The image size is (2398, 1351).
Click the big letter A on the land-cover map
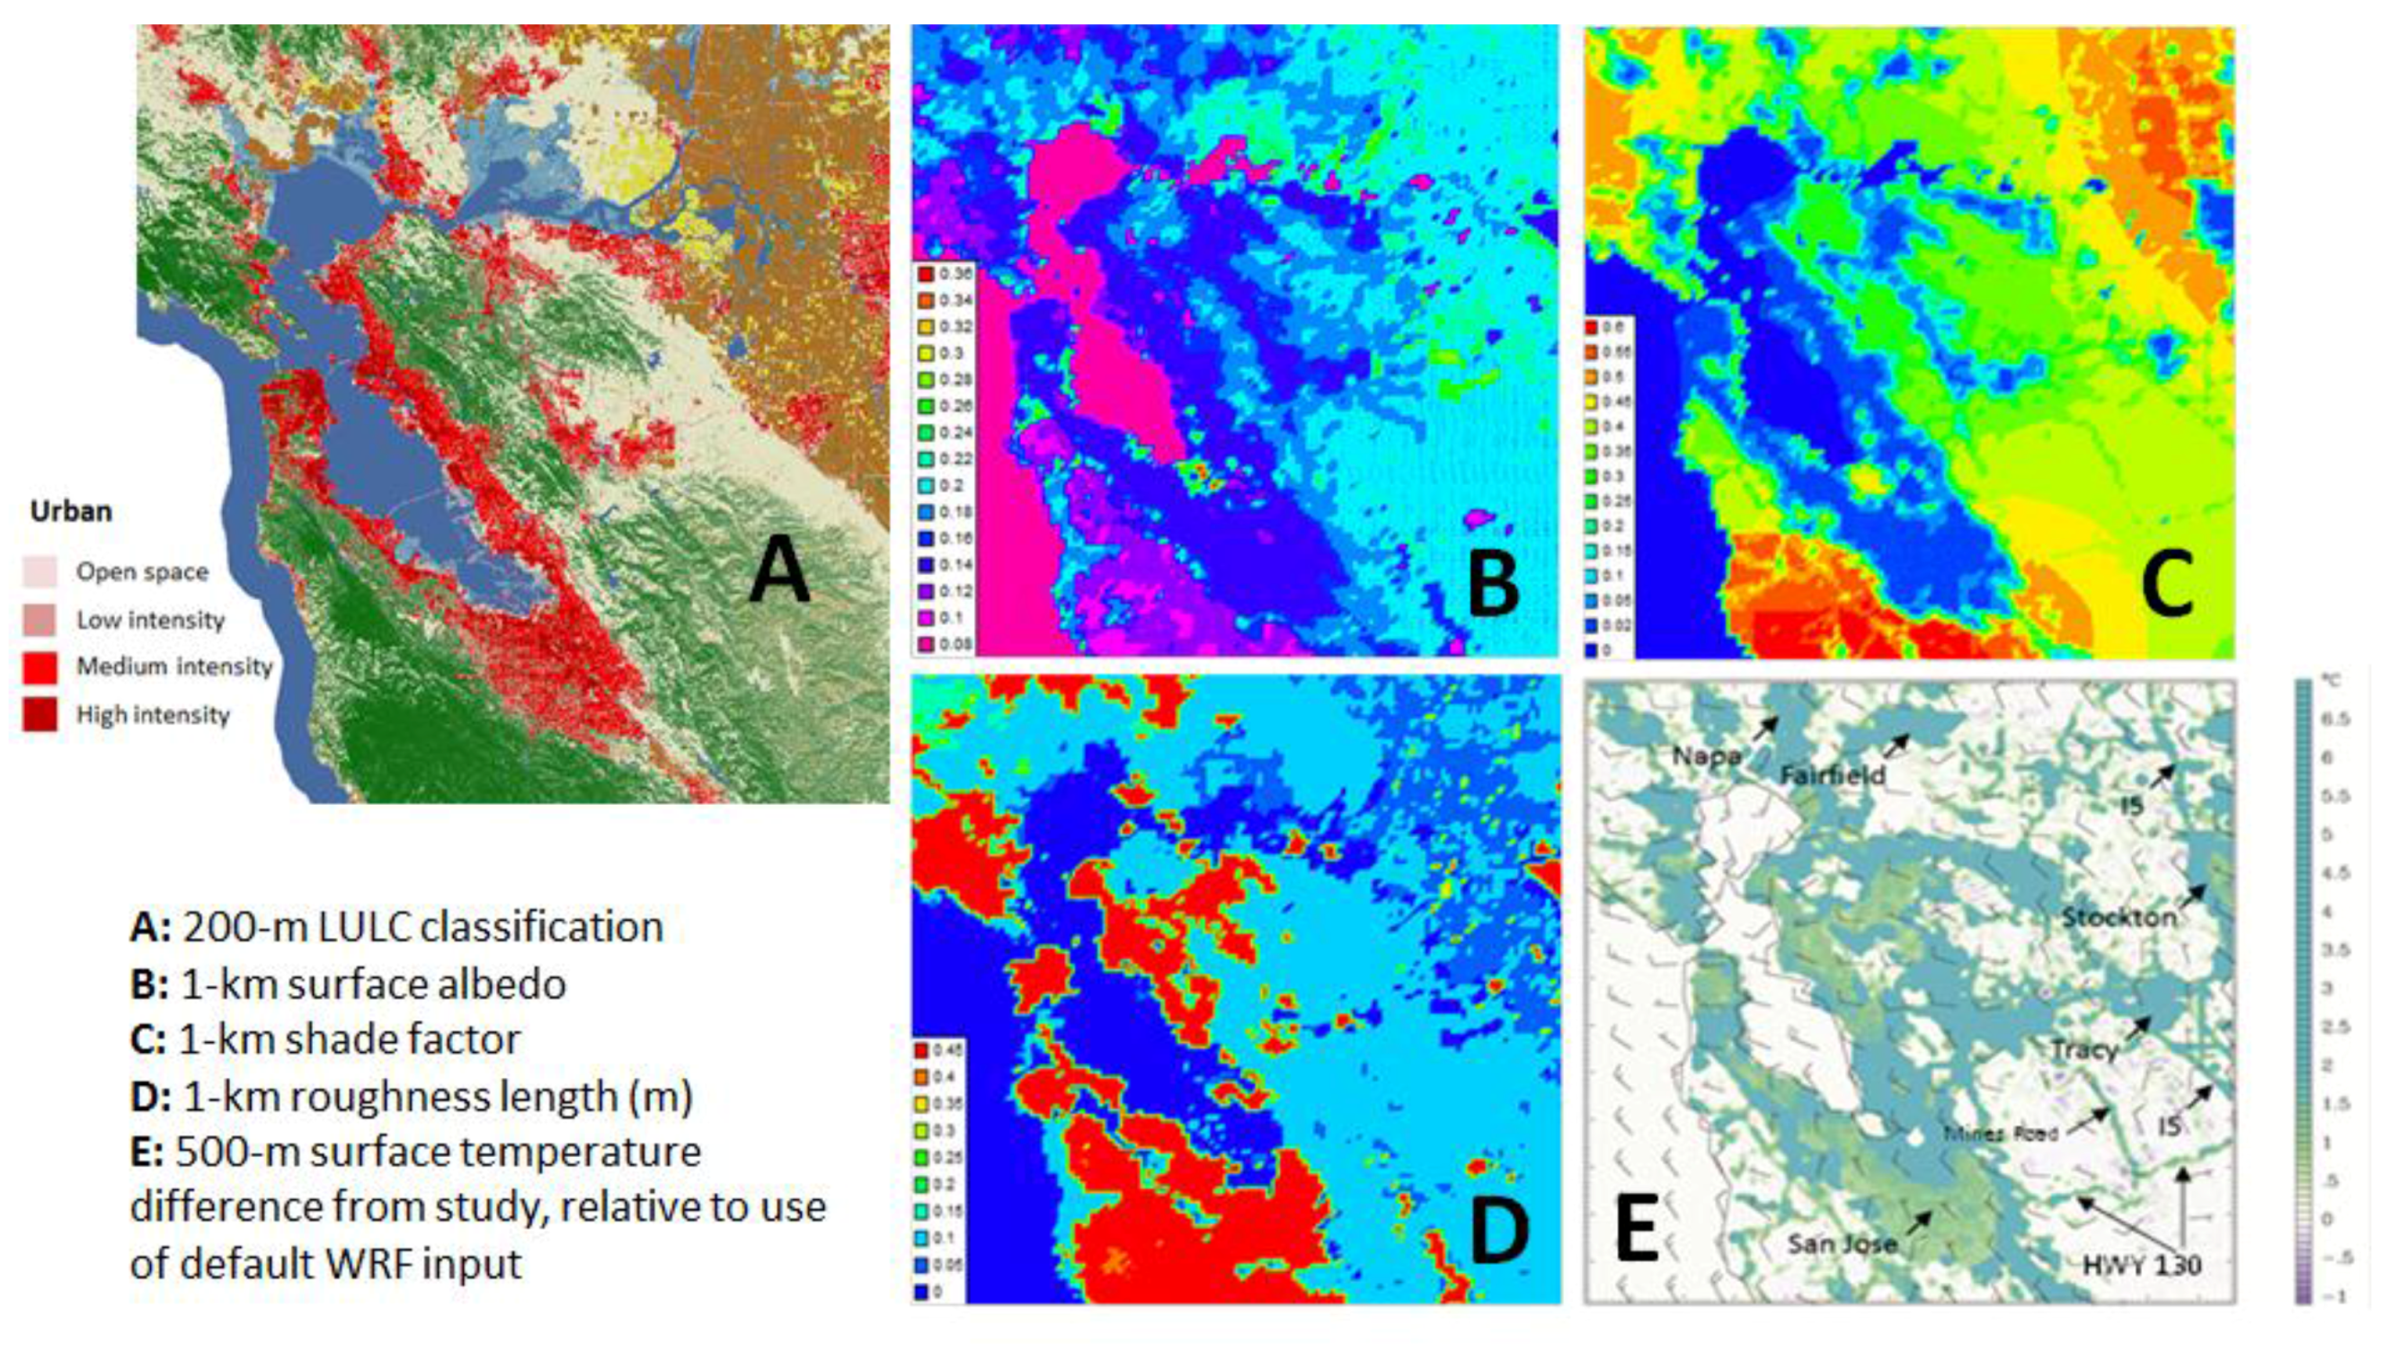(x=780, y=570)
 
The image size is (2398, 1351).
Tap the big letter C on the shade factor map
(x=2167, y=583)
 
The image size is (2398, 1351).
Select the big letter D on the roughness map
(x=1497, y=1231)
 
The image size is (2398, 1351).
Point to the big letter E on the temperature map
(x=1636, y=1231)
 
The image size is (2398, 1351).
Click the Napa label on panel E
(x=1705, y=756)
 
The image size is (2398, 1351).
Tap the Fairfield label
(x=1832, y=775)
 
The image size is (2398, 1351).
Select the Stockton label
(x=2118, y=917)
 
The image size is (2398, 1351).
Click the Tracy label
(x=2084, y=1050)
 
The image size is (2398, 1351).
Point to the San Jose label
(x=1842, y=1244)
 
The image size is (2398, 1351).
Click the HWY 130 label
(x=2141, y=1266)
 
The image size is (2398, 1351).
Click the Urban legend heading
(x=71, y=512)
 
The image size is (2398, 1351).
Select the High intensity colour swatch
(x=40, y=715)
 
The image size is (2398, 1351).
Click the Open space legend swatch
(x=40, y=571)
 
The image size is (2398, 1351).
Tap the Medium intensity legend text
(x=174, y=667)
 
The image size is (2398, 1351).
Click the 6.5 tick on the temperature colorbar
(x=2337, y=720)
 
